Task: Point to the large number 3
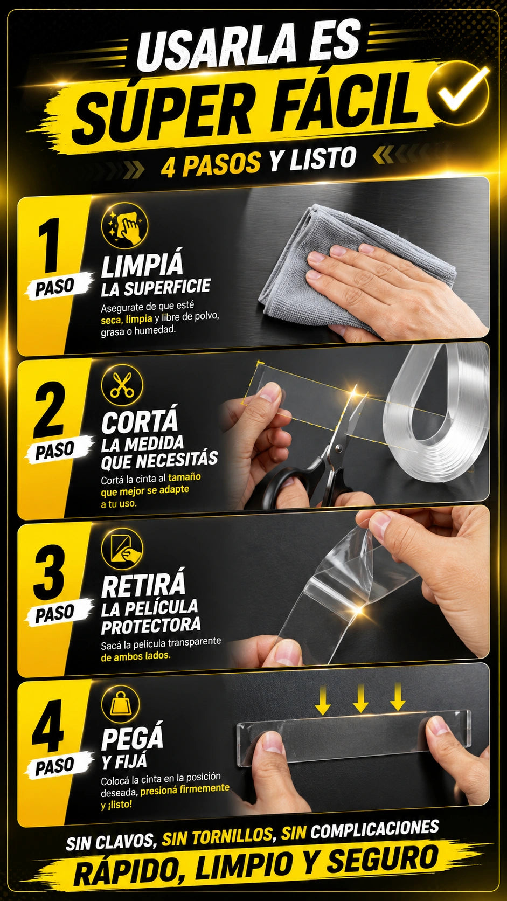49,573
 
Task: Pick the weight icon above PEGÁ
121,704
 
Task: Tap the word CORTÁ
140,421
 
